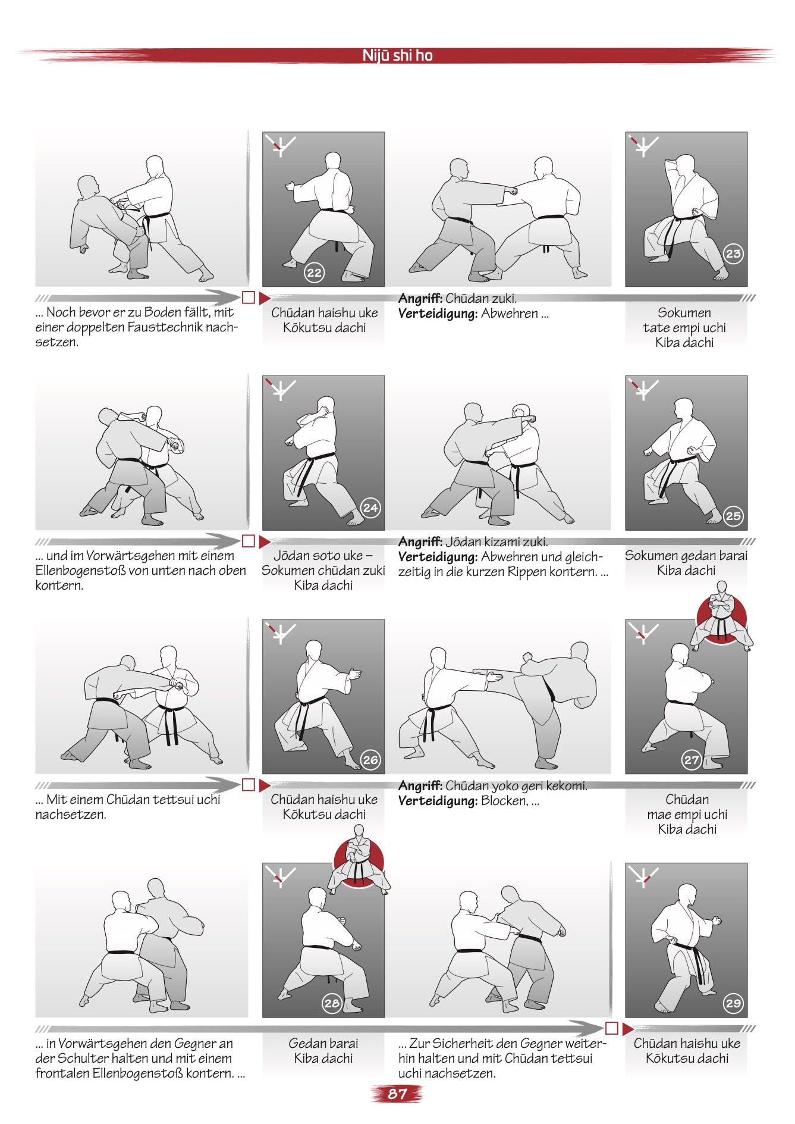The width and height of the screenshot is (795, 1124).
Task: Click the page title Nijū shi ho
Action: coord(397,55)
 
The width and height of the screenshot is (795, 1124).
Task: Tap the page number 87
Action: coord(397,1094)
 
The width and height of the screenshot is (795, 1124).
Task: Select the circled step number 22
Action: coord(314,273)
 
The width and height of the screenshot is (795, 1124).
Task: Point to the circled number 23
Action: coord(733,254)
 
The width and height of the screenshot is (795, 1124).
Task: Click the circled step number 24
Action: coord(370,508)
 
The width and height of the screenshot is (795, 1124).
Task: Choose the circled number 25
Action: coord(733,516)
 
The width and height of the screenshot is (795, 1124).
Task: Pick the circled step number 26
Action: coord(370,760)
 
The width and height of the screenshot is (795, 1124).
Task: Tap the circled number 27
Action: coord(692,760)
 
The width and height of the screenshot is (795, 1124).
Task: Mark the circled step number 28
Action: coord(332,1003)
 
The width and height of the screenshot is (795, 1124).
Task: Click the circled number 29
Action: coord(733,1003)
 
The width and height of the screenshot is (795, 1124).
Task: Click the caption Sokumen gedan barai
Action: coord(686,556)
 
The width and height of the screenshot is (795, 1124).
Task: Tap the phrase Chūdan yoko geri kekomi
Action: coord(516,786)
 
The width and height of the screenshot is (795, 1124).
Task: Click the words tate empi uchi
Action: coord(684,328)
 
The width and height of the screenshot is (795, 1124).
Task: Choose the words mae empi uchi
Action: coord(687,815)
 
